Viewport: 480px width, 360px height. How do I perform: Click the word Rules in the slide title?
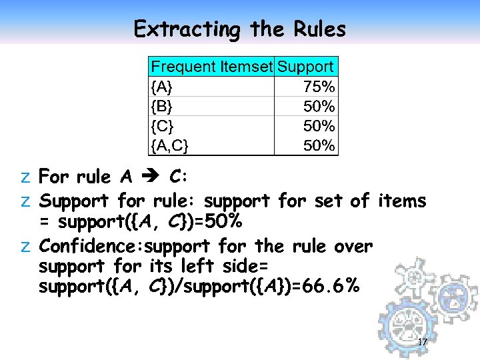click(319, 29)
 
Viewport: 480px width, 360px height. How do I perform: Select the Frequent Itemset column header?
click(211, 67)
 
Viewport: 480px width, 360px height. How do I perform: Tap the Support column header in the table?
click(305, 67)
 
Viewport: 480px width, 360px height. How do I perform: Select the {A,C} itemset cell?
click(170, 145)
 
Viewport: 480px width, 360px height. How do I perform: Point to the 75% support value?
click(319, 87)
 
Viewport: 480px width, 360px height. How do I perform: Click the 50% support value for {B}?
click(319, 106)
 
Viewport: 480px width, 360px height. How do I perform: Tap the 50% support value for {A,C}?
click(319, 145)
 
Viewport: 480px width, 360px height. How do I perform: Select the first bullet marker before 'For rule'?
click(25, 177)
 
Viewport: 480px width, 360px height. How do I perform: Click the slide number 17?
click(421, 343)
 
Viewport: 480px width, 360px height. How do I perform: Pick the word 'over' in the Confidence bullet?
click(353, 247)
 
